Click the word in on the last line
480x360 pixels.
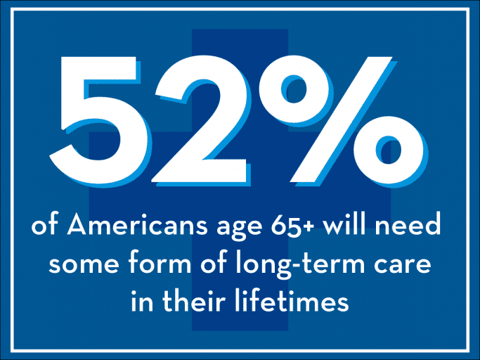tap(143, 300)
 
